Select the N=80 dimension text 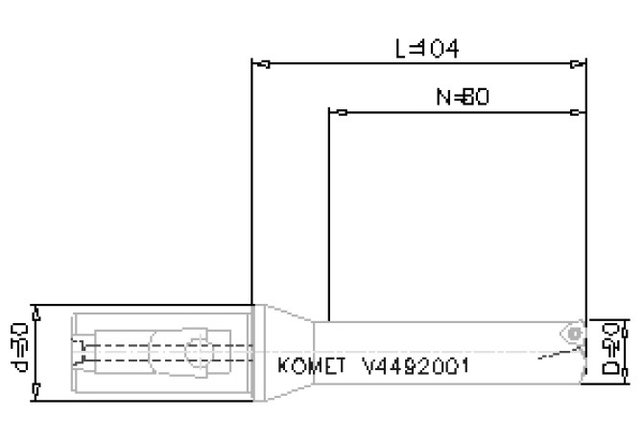click(x=458, y=96)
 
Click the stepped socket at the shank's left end click(x=81, y=351)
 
